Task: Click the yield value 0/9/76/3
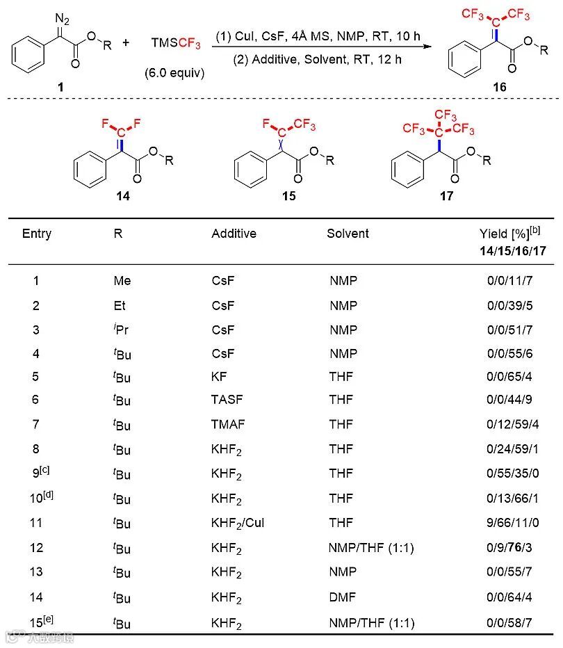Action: tap(509, 548)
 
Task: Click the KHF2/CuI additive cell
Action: tap(238, 524)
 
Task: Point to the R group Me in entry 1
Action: tap(122, 281)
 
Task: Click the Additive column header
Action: tap(234, 234)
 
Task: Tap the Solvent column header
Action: tap(348, 234)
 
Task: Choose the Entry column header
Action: tap(37, 234)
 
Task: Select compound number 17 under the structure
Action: tap(446, 196)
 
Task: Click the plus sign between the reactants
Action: tap(126, 43)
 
